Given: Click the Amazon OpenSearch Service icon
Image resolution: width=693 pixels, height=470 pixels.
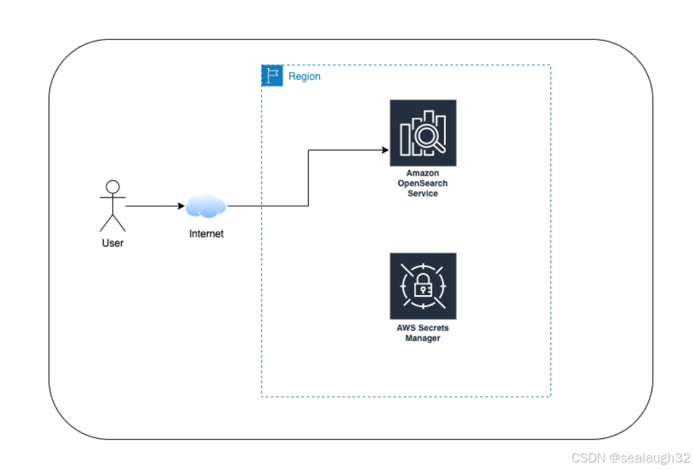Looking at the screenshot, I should tap(423, 133).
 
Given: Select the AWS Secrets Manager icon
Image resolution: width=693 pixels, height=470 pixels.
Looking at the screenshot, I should tap(423, 286).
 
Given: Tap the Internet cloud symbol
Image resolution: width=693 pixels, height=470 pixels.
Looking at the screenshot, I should tap(206, 205).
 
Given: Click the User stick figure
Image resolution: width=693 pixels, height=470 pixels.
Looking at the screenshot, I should tap(113, 206).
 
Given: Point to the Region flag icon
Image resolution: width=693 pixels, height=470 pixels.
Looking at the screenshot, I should tap(272, 76).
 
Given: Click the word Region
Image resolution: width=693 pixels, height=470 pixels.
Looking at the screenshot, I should tap(304, 77).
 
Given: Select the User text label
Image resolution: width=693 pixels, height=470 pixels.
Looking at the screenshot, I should tap(113, 243).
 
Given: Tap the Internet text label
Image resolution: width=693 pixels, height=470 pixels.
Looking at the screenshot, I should tap(206, 234).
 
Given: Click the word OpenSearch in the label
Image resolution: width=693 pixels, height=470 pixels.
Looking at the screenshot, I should tap(423, 183).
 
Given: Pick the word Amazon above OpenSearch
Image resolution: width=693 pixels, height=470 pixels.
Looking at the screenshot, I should tap(423, 174).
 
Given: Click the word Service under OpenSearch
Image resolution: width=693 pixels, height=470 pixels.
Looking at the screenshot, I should tap(423, 193).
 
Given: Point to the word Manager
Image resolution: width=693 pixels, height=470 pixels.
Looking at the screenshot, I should tap(423, 338).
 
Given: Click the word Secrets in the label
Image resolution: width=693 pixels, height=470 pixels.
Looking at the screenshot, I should tap(434, 328).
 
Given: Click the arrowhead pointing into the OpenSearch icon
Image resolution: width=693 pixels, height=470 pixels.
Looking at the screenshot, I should tap(385, 150).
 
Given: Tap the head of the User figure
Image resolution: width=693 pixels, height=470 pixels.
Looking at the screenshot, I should tap(113, 187).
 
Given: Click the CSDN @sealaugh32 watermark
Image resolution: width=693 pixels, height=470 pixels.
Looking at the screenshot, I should tap(631, 458).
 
